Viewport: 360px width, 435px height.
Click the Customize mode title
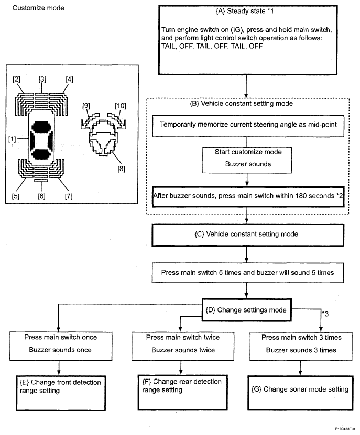(38, 8)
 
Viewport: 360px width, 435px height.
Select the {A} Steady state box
(248, 40)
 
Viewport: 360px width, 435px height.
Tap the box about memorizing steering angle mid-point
(248, 126)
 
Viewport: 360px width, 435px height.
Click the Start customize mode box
(247, 160)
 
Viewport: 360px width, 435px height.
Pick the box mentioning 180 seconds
(248, 197)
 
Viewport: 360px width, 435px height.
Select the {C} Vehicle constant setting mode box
(248, 235)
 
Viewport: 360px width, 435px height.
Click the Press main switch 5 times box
(247, 273)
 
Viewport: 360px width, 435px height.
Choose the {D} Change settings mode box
(246, 310)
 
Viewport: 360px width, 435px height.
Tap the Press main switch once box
(61, 346)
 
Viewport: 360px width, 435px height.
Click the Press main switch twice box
(183, 346)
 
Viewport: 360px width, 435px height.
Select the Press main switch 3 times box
(301, 346)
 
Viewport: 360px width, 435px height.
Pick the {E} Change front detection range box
(61, 393)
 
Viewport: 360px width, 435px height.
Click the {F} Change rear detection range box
(182, 393)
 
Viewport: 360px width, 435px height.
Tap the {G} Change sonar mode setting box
(300, 393)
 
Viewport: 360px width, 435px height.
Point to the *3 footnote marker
(325, 314)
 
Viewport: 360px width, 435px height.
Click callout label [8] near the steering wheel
(121, 169)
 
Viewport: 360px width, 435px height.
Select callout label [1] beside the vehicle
(12, 139)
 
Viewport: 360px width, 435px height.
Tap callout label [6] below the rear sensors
(41, 196)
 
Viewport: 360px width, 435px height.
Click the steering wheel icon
(103, 137)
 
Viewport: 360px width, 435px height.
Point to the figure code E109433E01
(345, 429)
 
